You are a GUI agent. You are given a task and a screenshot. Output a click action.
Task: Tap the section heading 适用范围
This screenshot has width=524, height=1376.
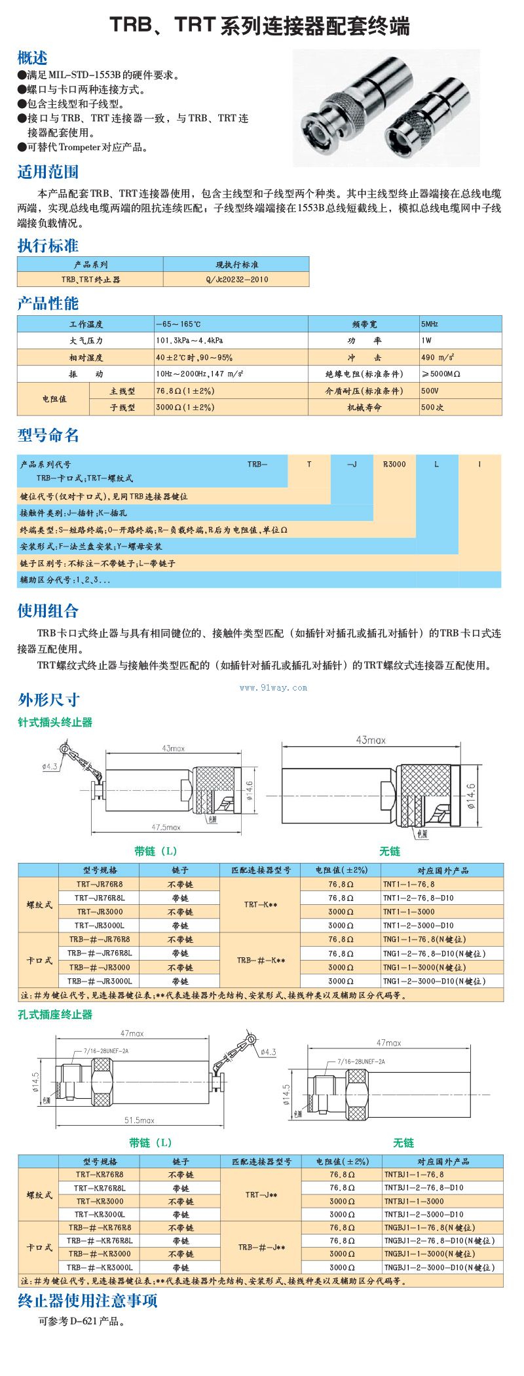48,172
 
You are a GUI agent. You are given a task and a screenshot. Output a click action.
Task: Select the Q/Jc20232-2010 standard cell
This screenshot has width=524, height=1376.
236,280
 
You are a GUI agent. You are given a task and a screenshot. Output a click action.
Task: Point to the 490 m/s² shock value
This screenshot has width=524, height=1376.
438,358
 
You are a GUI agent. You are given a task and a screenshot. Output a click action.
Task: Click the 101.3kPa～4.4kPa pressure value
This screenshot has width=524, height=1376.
189,341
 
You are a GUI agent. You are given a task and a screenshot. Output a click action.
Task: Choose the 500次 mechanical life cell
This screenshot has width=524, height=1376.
433,408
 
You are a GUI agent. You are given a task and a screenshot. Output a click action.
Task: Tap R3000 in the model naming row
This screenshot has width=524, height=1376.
394,464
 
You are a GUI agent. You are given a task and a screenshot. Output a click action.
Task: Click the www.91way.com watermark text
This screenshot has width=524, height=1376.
273,687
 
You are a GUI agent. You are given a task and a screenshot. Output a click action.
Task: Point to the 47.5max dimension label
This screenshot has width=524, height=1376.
166,828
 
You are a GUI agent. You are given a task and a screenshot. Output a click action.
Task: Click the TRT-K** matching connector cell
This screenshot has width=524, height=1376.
261,905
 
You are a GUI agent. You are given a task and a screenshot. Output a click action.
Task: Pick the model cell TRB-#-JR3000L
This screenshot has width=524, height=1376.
100,981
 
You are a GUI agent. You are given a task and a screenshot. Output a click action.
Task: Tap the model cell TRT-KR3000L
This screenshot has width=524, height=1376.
100,1214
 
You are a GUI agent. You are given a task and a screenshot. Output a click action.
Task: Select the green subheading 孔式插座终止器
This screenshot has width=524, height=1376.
55,1014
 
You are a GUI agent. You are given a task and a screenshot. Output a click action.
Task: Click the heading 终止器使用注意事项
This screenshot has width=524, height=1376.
88,1301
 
